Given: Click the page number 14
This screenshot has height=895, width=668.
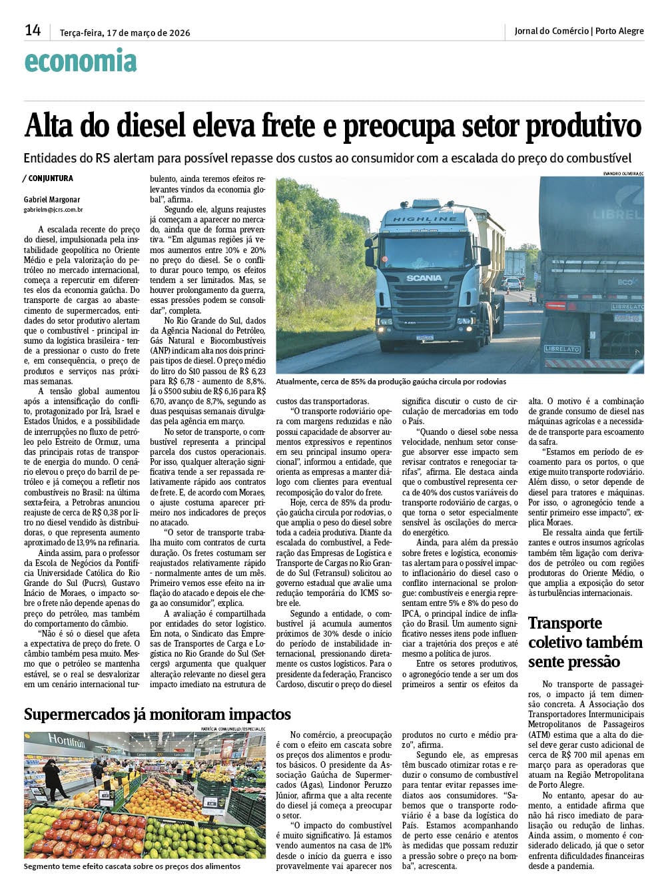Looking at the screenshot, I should [x=33, y=30].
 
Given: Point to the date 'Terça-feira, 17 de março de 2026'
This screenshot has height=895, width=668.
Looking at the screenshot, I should [x=125, y=32].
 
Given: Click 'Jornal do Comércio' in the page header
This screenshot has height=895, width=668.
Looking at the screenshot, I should [x=551, y=31].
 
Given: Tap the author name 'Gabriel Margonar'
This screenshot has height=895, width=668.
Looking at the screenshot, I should [x=52, y=199].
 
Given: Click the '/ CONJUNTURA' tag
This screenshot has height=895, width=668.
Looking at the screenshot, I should [x=48, y=178].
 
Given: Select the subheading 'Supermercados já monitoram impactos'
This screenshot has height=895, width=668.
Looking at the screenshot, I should [x=157, y=715].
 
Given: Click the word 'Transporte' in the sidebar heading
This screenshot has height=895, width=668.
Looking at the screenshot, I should [x=565, y=623].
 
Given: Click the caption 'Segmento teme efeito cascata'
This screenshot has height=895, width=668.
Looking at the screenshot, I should [x=132, y=866].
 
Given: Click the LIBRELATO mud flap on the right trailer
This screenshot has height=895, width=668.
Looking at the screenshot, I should [x=562, y=349].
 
